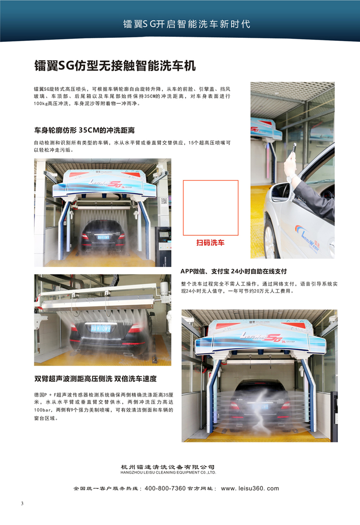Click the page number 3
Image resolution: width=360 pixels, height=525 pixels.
click(x=22, y=503)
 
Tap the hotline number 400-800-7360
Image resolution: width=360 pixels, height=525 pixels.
click(x=165, y=489)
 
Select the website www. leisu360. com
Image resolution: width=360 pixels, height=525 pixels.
click(x=250, y=489)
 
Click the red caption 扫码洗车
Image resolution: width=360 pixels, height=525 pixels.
click(x=211, y=243)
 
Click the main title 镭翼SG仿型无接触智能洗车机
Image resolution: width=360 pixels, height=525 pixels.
click(x=115, y=66)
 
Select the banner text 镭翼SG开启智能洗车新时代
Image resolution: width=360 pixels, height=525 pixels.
click(x=187, y=24)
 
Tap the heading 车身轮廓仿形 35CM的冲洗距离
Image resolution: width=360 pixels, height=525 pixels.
click(x=84, y=130)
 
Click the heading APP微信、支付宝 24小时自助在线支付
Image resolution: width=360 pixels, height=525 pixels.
click(x=234, y=271)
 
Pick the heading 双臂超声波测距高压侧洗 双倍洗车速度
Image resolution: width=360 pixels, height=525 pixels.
click(x=95, y=379)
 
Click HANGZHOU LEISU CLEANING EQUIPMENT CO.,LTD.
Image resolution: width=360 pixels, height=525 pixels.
click(x=168, y=472)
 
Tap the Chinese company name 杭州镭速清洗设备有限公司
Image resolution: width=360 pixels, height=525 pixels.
click(x=167, y=467)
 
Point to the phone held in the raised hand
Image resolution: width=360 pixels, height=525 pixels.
click(x=294, y=149)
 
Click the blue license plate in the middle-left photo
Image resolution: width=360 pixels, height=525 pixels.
click(x=100, y=328)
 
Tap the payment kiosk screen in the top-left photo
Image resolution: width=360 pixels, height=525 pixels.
click(x=163, y=235)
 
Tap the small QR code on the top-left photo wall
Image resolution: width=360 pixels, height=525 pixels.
click(x=164, y=201)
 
